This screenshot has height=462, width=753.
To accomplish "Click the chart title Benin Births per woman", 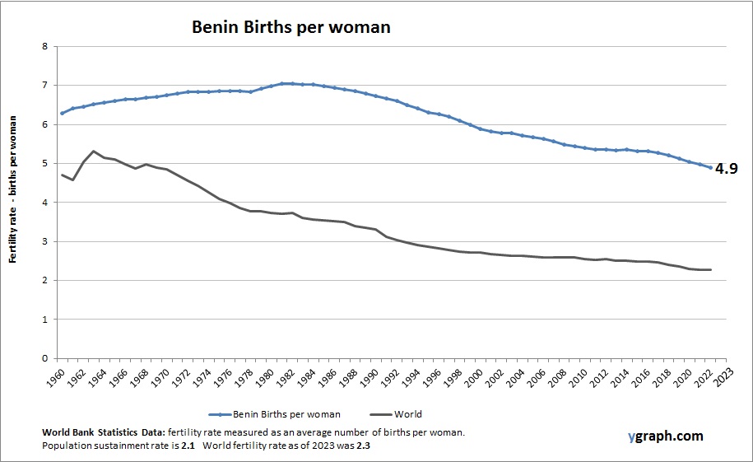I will tap(291, 26).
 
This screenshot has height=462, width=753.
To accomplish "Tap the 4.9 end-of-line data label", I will tap(726, 169).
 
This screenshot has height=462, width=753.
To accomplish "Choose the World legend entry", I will tap(407, 414).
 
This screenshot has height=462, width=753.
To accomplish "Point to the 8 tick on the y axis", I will tap(44, 46).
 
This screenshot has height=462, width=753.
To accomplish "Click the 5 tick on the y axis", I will tap(44, 163).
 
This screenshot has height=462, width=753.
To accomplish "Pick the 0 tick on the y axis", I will tap(44, 358).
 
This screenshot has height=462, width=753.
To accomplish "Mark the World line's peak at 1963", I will tap(93, 151).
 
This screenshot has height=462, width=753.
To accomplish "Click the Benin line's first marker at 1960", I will tap(62, 113).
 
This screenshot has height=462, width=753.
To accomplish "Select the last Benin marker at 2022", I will tap(709, 168).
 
